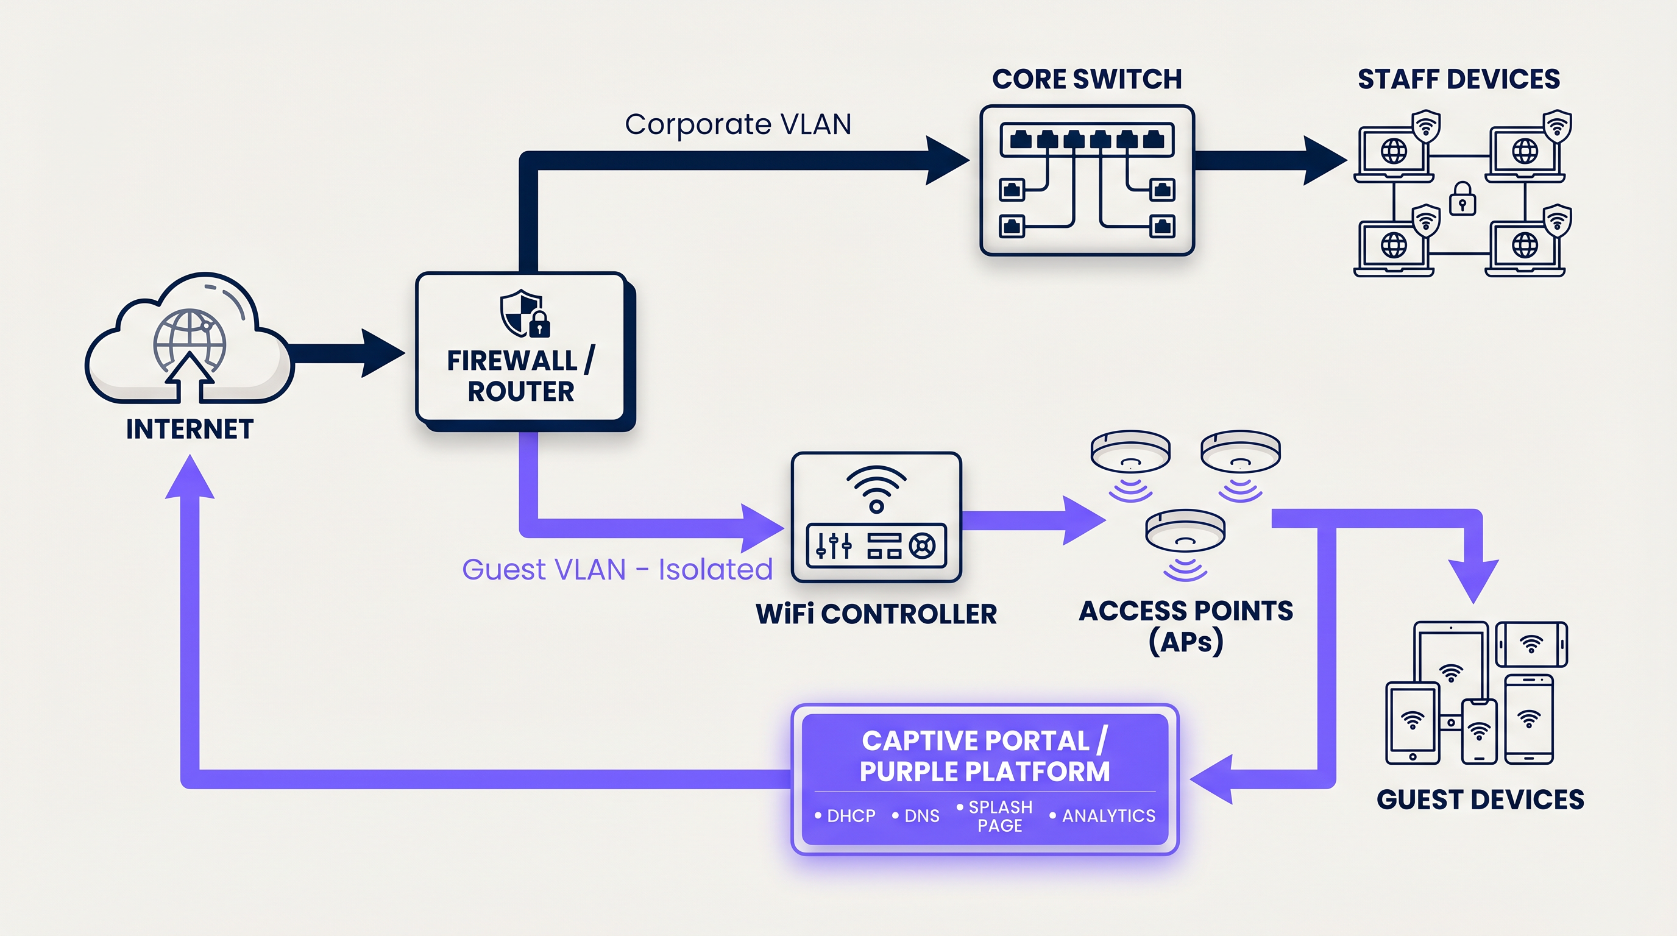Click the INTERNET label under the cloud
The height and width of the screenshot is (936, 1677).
click(190, 430)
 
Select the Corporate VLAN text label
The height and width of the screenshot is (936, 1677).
click(737, 124)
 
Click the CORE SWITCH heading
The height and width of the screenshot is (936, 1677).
click(1087, 79)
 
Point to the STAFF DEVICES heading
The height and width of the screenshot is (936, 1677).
click(1458, 79)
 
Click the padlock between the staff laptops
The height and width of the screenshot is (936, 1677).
click(1462, 199)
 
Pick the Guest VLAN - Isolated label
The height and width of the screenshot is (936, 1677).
click(617, 570)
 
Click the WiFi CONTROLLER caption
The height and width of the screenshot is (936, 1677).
click(876, 614)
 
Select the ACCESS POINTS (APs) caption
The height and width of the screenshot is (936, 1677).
click(1185, 626)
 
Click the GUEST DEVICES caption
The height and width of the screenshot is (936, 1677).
click(1480, 799)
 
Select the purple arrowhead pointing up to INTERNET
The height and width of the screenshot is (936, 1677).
click(190, 478)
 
